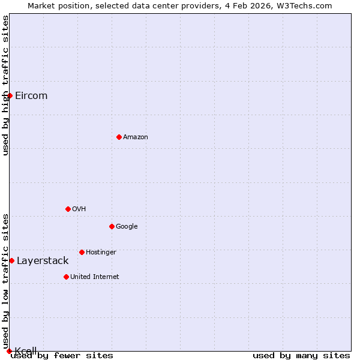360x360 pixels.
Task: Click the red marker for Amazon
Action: tap(119, 137)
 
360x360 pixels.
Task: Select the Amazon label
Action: tap(136, 137)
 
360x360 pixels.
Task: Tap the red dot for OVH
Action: tap(68, 209)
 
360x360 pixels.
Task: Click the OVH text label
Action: tap(79, 209)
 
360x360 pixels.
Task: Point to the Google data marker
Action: tap(112, 226)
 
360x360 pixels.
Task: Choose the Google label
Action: tap(127, 227)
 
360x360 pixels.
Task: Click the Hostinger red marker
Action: tap(82, 252)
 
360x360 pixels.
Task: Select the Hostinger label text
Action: tap(101, 253)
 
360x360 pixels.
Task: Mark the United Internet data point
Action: tap(66, 277)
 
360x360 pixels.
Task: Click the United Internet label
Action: tap(95, 277)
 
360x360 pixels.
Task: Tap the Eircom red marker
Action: tap(10, 95)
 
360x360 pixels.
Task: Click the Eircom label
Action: tap(31, 96)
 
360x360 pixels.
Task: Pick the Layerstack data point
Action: tap(11, 260)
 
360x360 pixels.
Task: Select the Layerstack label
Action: tap(43, 261)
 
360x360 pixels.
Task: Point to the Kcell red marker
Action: tap(9, 351)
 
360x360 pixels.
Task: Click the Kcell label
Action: tap(26, 351)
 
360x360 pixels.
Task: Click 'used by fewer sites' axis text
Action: tap(62, 356)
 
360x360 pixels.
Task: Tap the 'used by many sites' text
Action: tap(301, 356)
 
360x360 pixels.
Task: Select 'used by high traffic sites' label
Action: tap(5, 85)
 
